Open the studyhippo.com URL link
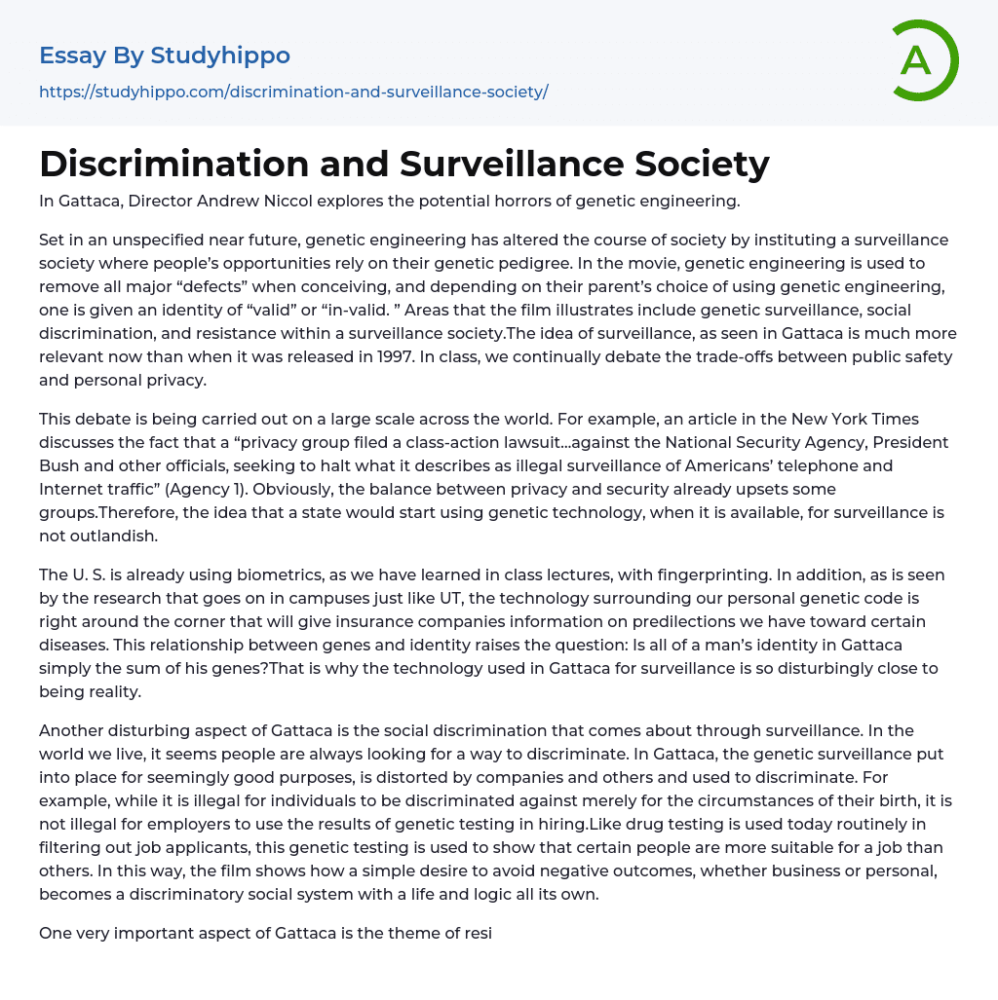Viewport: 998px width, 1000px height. click(293, 92)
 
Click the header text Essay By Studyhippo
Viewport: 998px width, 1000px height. click(165, 56)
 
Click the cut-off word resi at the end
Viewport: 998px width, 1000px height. click(479, 933)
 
